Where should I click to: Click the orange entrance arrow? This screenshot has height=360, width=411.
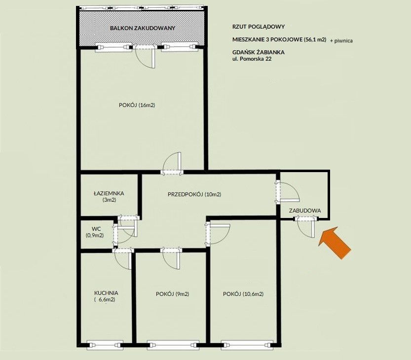click(335, 243)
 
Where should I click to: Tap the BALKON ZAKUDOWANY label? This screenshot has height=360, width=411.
click(142, 28)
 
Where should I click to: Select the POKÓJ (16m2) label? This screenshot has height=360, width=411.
click(137, 105)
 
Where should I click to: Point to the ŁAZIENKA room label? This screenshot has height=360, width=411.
click(109, 196)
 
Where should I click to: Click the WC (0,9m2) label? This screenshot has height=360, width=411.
click(95, 232)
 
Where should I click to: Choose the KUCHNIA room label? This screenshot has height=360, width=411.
click(106, 296)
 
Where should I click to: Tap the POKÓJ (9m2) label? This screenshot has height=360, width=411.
click(173, 294)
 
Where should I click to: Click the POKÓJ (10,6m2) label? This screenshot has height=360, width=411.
click(243, 294)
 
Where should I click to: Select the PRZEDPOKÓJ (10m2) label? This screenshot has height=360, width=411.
click(194, 194)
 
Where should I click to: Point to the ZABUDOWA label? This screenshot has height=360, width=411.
click(305, 211)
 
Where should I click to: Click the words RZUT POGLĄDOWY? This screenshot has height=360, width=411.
click(259, 27)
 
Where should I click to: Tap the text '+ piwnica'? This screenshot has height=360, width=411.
click(341, 40)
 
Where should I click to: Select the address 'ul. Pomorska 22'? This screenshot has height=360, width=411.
click(252, 59)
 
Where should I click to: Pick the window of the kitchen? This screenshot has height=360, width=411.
click(105, 345)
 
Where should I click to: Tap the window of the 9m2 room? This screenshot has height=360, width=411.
click(173, 345)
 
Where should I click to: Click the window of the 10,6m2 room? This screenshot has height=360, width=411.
click(247, 345)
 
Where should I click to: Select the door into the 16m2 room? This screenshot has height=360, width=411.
click(172, 164)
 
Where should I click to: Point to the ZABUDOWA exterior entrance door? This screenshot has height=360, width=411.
click(306, 227)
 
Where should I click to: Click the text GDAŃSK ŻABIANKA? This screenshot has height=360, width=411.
click(259, 52)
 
